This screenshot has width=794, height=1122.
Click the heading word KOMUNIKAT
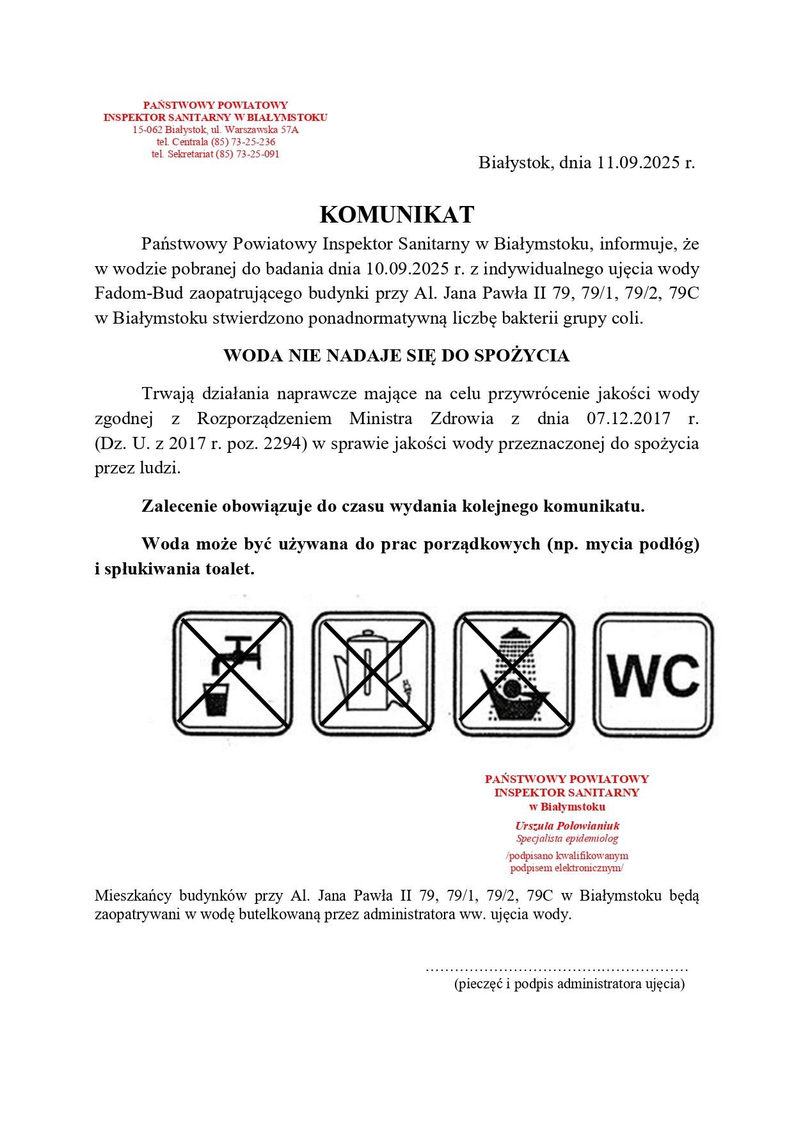click(397, 215)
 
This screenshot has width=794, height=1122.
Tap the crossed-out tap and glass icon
click(233, 674)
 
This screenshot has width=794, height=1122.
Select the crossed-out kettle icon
click(373, 674)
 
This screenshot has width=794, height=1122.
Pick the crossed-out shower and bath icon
click(514, 674)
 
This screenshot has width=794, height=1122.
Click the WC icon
click(653, 675)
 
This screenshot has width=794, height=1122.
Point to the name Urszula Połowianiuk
click(568, 826)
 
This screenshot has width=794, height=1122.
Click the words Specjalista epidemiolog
click(568, 839)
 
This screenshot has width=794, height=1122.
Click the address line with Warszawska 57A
click(216, 130)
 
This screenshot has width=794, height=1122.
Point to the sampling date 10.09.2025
click(398, 269)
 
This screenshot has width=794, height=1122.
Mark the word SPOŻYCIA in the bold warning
click(521, 356)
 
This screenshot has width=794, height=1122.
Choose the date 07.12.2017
click(628, 419)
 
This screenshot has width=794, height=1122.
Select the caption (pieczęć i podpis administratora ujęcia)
click(569, 984)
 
